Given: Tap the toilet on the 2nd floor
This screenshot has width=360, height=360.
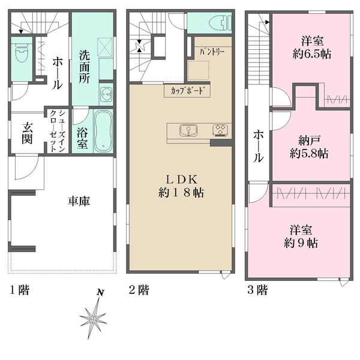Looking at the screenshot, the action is pos(220,23).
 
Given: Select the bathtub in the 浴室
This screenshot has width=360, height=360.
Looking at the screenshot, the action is pos(103,131).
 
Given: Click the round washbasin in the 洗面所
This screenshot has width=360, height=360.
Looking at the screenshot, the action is pos(106,94).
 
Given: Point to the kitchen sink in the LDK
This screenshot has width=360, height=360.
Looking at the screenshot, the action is pos(188,130).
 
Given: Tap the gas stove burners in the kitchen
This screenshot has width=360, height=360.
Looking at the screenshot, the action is pos(220,130).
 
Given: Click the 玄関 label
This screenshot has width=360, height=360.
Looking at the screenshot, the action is pos(27,133).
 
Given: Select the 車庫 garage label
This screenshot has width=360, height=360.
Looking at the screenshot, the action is pos(79,201).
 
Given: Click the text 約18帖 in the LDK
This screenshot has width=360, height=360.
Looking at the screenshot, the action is pos(181,193).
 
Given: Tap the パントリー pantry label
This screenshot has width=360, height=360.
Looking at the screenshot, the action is pos(211,52).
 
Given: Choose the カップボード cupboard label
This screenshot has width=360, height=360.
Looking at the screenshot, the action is pos(187,91).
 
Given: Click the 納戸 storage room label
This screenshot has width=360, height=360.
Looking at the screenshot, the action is pos(309,140).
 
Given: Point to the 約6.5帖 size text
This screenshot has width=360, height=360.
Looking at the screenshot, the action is pos(312,54).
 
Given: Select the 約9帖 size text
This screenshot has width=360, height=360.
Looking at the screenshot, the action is pos(301,242).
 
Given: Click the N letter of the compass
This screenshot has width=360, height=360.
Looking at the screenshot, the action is pos(100,292).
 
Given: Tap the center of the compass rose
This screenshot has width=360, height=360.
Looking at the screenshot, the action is pos(93,319).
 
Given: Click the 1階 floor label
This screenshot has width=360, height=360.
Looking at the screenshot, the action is pos(20,290).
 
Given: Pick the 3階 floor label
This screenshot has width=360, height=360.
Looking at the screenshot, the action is pos(257,290).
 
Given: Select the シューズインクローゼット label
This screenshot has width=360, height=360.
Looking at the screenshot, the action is pos(57,131).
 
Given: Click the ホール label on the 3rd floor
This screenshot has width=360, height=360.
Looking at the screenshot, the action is pos(258,146).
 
